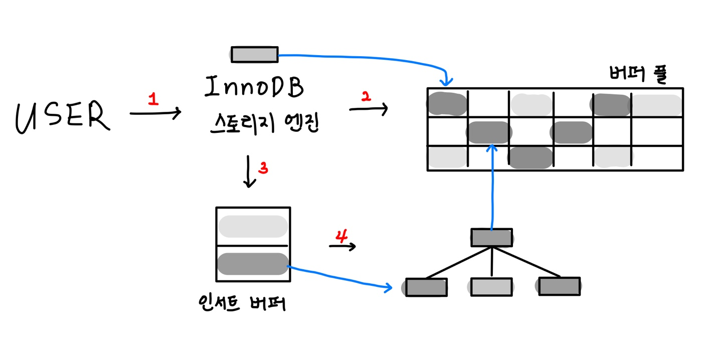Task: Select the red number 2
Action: tap(366, 99)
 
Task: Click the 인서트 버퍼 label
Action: tap(242, 303)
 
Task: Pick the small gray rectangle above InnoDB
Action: tap(254, 54)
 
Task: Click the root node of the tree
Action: tap(491, 238)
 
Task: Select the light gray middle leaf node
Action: tap(491, 286)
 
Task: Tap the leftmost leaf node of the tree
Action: tap(426, 287)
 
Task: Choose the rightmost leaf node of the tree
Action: tap(560, 286)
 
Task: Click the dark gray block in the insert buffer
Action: tap(253, 264)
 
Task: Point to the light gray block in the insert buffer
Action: tap(253, 227)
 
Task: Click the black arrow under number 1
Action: tap(155, 114)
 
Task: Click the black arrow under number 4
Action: tap(342, 246)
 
